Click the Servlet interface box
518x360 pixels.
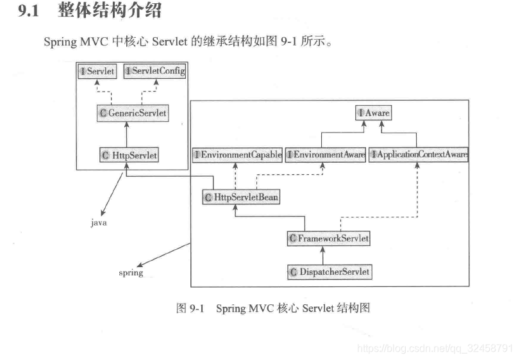(x=97, y=71)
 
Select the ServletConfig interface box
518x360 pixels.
(x=155, y=71)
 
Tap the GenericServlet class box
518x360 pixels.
(x=133, y=113)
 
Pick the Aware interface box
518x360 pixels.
(x=374, y=113)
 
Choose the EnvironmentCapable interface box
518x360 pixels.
(x=237, y=155)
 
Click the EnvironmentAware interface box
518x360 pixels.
(x=326, y=155)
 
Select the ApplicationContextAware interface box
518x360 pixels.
(x=419, y=155)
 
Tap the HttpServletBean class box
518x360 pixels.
(x=241, y=197)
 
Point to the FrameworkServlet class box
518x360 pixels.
(x=329, y=239)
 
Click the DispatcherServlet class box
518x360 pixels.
(x=330, y=272)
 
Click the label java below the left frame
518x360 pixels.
(x=98, y=224)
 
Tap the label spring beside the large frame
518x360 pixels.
(x=131, y=272)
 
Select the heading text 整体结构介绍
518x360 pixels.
(x=109, y=11)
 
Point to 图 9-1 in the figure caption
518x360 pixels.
(x=190, y=308)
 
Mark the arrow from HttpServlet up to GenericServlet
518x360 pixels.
(x=126, y=135)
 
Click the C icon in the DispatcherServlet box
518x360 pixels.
(x=294, y=272)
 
